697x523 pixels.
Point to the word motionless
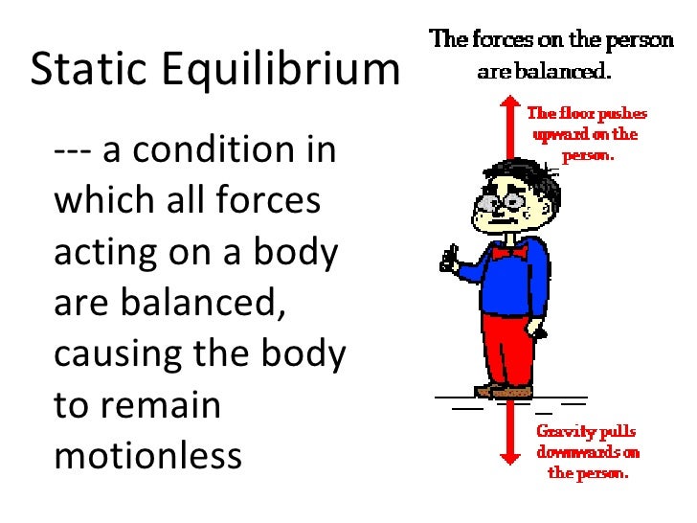click(148, 456)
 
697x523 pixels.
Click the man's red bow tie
click(508, 251)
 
